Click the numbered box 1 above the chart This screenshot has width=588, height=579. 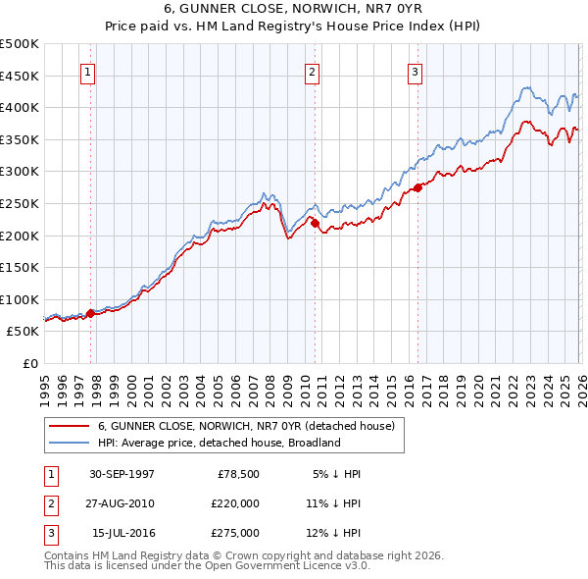88,72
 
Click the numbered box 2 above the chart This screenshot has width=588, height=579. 312,72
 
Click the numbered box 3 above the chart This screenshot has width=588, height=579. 415,72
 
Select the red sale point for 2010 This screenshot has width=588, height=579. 316,223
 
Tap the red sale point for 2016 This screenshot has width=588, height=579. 417,187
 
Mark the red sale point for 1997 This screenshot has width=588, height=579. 91,313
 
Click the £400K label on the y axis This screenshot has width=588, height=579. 20,107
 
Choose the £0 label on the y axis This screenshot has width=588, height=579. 29,364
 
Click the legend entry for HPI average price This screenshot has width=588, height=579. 218,443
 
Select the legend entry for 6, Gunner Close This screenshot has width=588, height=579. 245,426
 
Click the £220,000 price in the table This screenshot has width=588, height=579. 236,503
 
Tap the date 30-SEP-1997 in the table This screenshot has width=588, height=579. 122,474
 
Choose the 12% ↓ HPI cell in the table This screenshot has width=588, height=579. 333,533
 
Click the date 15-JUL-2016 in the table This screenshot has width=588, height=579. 122,533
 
